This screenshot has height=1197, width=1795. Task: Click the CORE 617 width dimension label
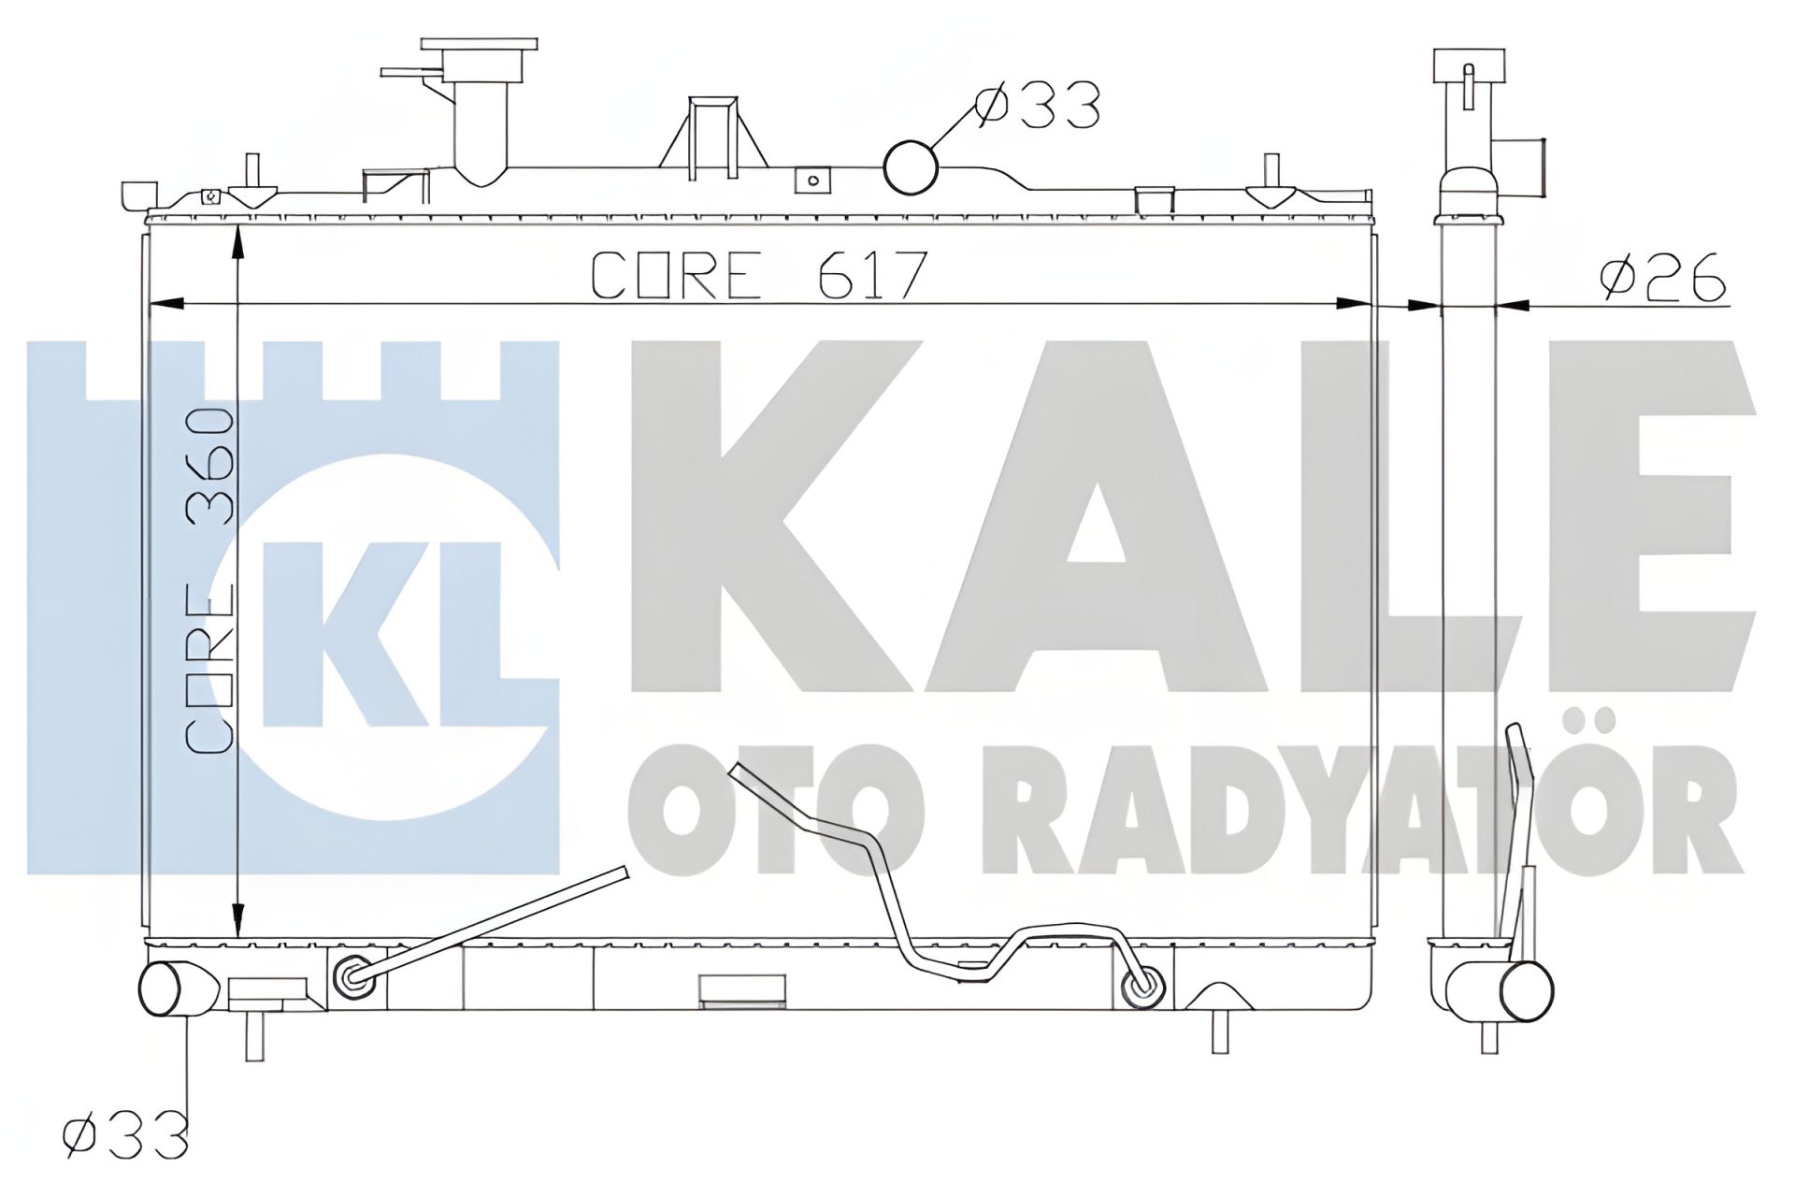pos(759,275)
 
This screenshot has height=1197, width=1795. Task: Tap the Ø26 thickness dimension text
pos(1662,277)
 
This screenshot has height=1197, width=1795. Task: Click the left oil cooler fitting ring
pos(352,976)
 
